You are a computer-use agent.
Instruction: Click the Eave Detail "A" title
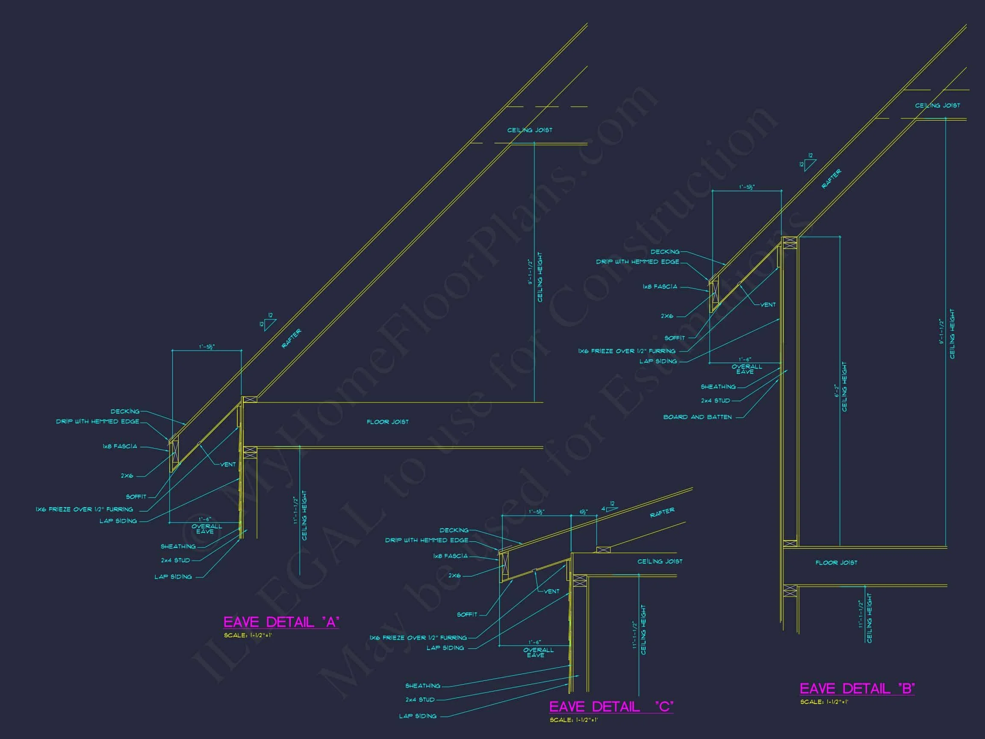[x=281, y=622]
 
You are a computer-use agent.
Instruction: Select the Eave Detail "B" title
[x=857, y=689]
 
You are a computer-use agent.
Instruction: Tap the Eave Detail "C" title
[x=611, y=706]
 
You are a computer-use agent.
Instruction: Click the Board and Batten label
[x=697, y=417]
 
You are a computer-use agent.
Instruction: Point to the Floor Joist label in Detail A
[x=387, y=421]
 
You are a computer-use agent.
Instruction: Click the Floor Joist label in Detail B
[x=836, y=563]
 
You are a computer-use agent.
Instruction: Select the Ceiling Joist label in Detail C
[x=660, y=561]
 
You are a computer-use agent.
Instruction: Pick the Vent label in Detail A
[x=228, y=464]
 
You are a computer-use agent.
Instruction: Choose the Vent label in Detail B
[x=768, y=304]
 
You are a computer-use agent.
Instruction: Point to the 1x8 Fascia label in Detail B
[x=660, y=287]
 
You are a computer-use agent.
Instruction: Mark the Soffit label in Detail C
[x=467, y=614]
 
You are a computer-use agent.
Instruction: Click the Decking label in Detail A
[x=125, y=411]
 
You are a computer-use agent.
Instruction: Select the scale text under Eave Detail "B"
[x=824, y=702]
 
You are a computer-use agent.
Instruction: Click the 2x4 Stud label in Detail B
[x=715, y=400]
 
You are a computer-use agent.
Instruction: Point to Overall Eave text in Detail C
[x=538, y=652]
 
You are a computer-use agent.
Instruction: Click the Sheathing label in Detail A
[x=178, y=546]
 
